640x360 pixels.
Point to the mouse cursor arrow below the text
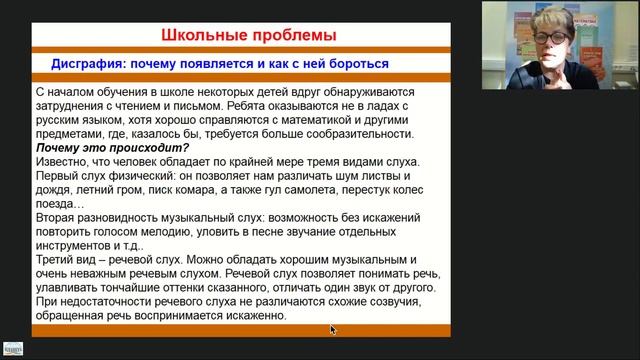pyautogui.click(x=333, y=329)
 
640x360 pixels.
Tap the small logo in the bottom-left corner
pyautogui.click(x=14, y=352)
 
